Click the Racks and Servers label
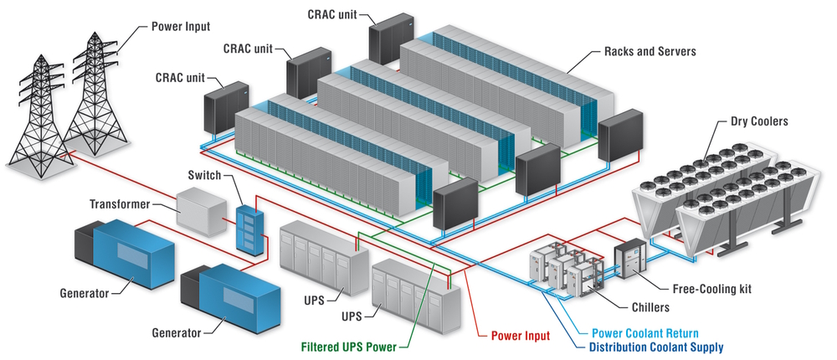(x=650, y=52)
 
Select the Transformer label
(x=119, y=204)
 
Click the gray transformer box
(x=201, y=210)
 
